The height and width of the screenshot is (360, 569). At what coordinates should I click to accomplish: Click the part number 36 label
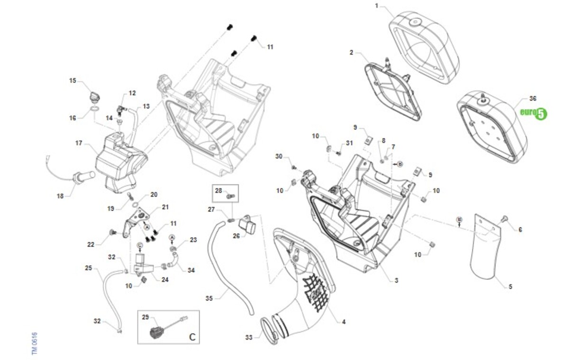(533, 99)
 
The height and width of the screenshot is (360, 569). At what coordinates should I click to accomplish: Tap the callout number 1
(377, 6)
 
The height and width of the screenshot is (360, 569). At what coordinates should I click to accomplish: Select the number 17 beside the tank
(79, 143)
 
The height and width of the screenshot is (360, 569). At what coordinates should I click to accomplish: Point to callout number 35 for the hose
(209, 298)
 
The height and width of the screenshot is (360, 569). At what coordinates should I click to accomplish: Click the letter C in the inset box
(192, 337)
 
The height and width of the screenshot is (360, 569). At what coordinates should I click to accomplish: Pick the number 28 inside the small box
(218, 191)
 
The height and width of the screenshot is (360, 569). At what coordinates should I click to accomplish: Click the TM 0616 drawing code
(35, 343)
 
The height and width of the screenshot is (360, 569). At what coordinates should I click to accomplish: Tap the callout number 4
(344, 322)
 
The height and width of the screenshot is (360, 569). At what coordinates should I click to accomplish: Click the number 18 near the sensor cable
(60, 195)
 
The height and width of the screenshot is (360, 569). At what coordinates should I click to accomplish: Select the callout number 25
(88, 268)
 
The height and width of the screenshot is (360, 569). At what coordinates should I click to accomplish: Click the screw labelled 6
(504, 219)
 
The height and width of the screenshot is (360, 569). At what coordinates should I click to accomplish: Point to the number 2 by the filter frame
(351, 53)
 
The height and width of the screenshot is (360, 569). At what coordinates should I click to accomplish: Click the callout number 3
(396, 280)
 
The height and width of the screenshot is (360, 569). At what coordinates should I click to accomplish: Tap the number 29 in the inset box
(145, 316)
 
